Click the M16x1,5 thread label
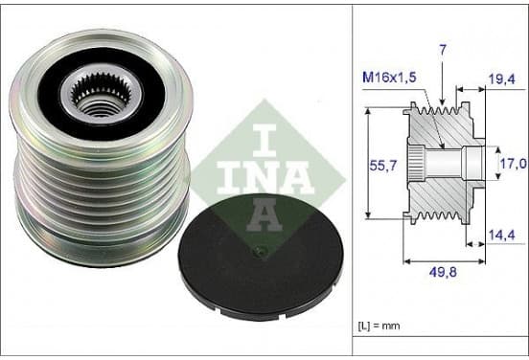[389, 78]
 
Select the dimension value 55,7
[383, 166]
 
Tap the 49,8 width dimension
[443, 272]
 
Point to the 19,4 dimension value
[502, 79]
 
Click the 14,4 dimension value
[502, 236]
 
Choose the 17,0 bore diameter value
[513, 164]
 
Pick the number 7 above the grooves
[443, 50]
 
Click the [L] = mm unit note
[379, 326]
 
